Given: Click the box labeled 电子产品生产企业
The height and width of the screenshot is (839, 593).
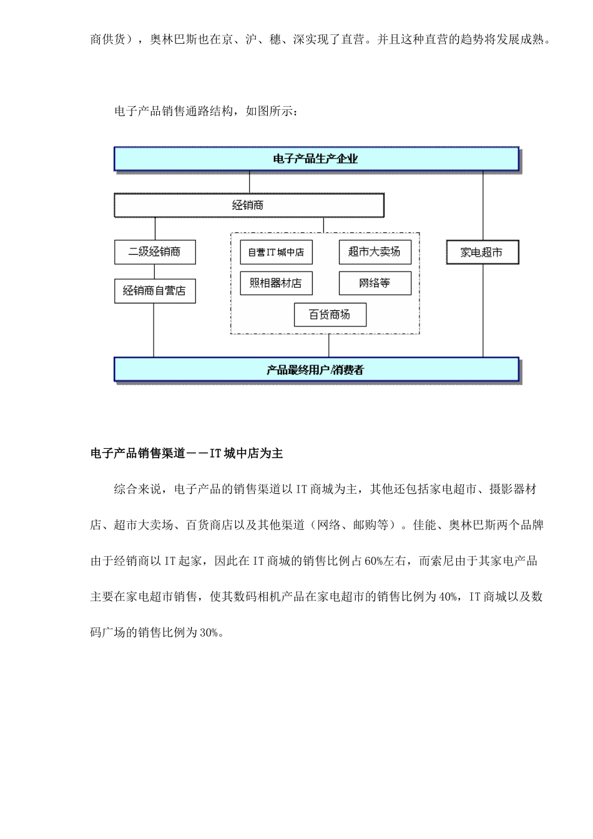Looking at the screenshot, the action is click(316, 159).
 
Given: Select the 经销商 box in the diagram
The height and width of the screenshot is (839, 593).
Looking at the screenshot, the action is click(248, 205).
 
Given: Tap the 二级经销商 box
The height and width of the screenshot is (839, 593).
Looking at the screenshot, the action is click(155, 252).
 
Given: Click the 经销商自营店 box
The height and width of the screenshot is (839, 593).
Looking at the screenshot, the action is click(155, 291).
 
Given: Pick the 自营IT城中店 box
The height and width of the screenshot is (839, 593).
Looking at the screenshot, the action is click(276, 252).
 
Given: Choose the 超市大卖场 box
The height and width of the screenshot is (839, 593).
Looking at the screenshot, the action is click(375, 252).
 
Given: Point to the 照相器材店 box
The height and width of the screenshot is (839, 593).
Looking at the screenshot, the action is click(276, 283).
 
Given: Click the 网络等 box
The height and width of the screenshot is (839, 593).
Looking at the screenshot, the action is click(375, 283).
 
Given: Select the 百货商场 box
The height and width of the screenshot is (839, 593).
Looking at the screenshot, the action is click(330, 315).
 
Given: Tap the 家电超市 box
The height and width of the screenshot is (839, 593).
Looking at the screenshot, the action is click(482, 252).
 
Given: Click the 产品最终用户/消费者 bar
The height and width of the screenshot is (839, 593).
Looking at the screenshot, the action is click(316, 370).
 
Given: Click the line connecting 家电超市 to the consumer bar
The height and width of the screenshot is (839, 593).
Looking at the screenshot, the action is click(483, 312).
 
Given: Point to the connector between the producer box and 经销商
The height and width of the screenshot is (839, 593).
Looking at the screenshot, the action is click(250, 182).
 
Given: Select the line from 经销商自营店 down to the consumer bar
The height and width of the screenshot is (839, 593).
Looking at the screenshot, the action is click(154, 331).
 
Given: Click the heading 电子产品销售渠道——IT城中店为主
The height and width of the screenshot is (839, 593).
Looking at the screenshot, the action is click(187, 454).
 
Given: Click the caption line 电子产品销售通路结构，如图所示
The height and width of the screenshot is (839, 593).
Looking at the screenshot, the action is click(207, 111).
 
